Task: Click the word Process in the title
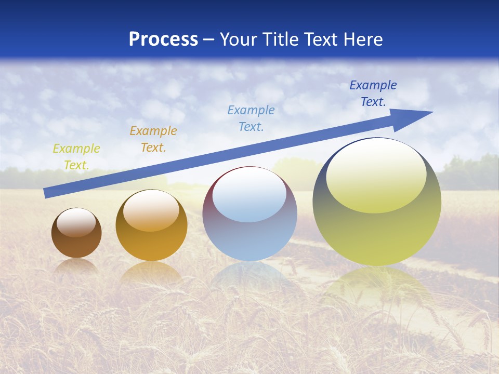click(x=163, y=39)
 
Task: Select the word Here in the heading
click(x=363, y=39)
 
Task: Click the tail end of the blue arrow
click(x=47, y=193)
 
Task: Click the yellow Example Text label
click(x=76, y=157)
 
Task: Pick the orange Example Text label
click(x=153, y=139)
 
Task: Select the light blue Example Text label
click(x=251, y=118)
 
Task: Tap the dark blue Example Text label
click(x=373, y=94)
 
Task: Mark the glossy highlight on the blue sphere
click(x=249, y=195)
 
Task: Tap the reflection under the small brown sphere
click(x=76, y=266)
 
